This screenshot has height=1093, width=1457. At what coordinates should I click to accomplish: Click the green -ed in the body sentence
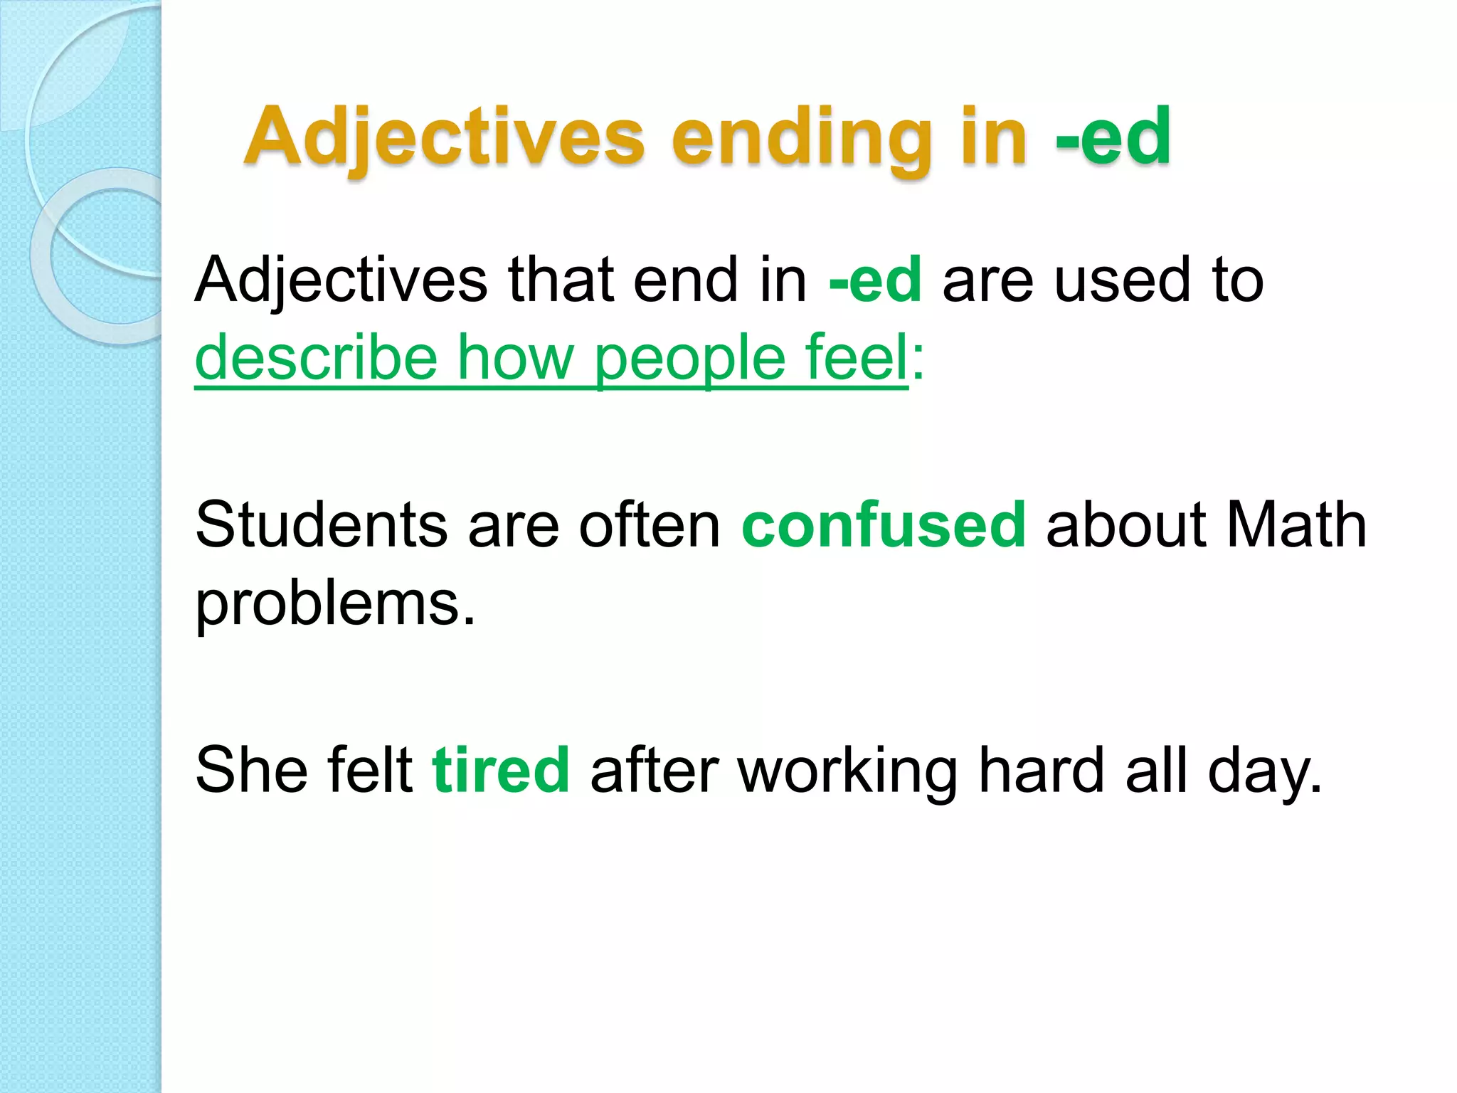[x=876, y=280]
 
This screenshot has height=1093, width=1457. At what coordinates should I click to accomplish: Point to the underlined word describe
[x=316, y=357]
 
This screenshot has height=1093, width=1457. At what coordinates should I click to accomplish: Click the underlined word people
[x=689, y=357]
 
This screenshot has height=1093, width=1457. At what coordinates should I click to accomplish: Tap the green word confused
[x=884, y=525]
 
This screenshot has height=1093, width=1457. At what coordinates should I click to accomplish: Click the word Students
[x=321, y=525]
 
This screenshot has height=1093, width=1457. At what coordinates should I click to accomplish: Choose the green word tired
[x=501, y=770]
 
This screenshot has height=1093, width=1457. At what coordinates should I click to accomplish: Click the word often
[x=650, y=525]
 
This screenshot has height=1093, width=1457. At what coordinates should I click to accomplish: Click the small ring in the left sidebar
[x=107, y=256]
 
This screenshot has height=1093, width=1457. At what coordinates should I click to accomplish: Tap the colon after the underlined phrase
[x=918, y=359]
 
